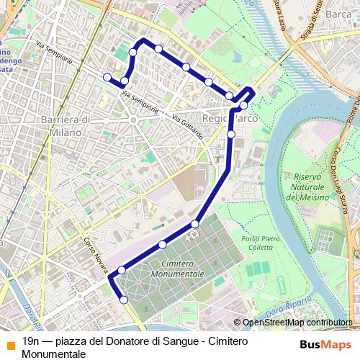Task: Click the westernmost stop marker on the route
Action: pyautogui.click(x=107, y=77)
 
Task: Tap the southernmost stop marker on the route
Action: pyautogui.click(x=124, y=300)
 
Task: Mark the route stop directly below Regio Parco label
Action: pyautogui.click(x=231, y=134)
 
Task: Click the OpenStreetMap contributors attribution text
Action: pyautogui.click(x=297, y=323)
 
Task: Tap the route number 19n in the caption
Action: pyautogui.click(x=31, y=341)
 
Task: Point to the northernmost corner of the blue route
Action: pyautogui.click(x=144, y=40)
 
